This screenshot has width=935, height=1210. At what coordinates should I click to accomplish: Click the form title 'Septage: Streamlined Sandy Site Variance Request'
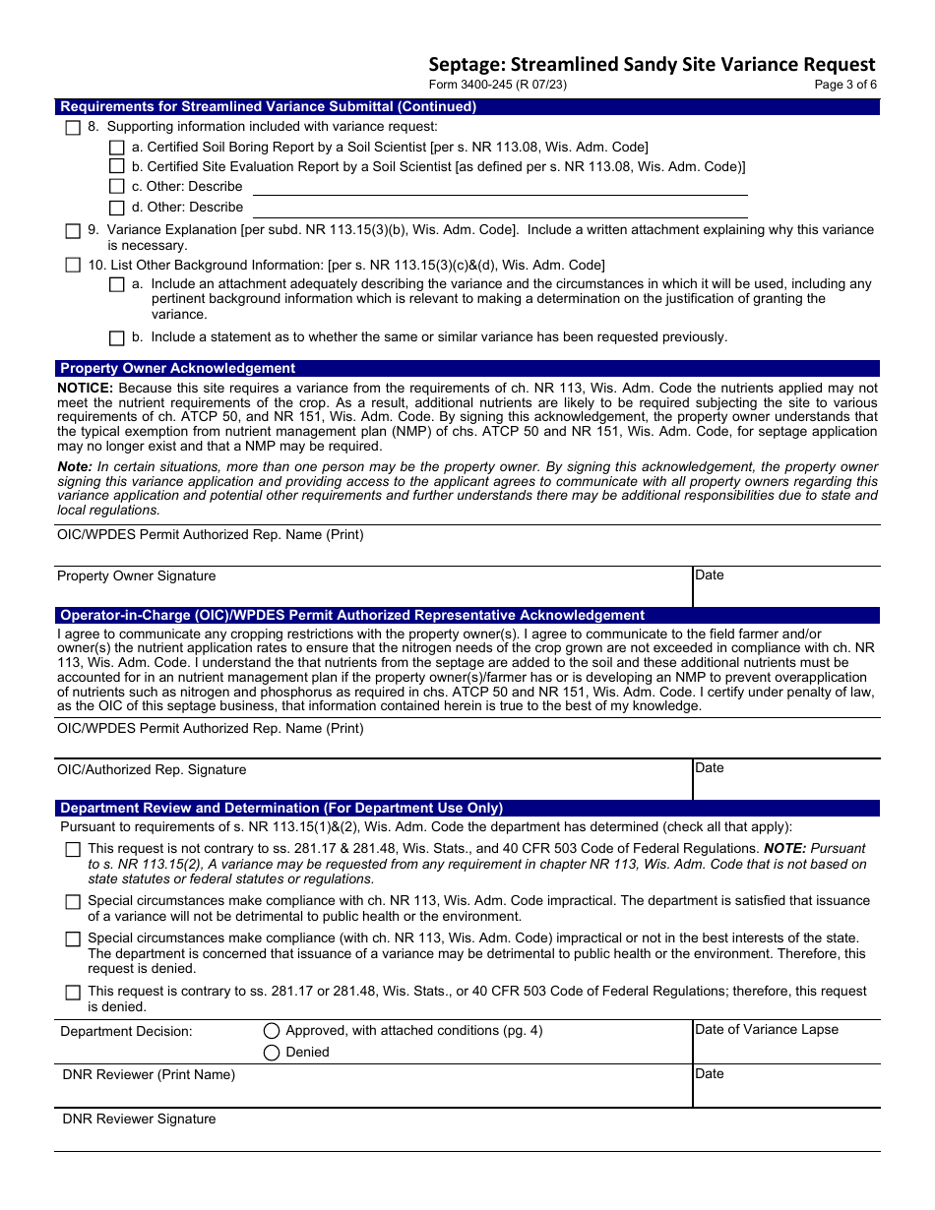click(652, 65)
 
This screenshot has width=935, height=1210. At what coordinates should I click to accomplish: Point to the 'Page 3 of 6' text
click(845, 85)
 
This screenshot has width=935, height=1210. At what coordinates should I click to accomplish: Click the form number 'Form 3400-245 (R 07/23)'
click(498, 85)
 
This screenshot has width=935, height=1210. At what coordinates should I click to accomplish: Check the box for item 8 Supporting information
click(73, 127)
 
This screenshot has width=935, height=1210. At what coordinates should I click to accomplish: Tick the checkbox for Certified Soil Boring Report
click(117, 147)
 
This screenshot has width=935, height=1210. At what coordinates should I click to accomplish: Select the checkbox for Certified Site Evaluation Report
click(117, 166)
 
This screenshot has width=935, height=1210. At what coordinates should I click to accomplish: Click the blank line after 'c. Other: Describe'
click(500, 187)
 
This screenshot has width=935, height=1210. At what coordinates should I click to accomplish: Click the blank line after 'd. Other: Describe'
click(500, 209)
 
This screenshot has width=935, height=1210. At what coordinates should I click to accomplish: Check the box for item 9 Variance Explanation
click(73, 231)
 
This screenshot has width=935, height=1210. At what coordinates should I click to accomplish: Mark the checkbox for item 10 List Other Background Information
click(73, 266)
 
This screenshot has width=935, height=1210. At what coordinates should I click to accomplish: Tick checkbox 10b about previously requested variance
click(117, 337)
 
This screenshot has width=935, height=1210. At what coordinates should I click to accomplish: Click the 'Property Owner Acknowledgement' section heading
click(178, 369)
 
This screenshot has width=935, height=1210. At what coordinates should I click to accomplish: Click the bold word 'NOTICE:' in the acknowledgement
click(86, 389)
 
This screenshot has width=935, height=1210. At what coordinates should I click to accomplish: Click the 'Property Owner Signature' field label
click(136, 576)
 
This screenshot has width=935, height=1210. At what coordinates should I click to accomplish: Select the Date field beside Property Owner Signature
click(785, 588)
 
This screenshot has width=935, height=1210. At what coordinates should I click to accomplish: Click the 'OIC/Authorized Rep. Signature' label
click(152, 770)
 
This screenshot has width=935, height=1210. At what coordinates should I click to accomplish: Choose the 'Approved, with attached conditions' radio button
click(272, 1031)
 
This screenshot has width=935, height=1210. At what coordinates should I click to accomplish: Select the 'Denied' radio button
click(272, 1053)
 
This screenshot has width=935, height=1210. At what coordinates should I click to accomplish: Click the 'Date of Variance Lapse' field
click(785, 1043)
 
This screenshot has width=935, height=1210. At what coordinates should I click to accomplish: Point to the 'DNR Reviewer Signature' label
click(139, 1119)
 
